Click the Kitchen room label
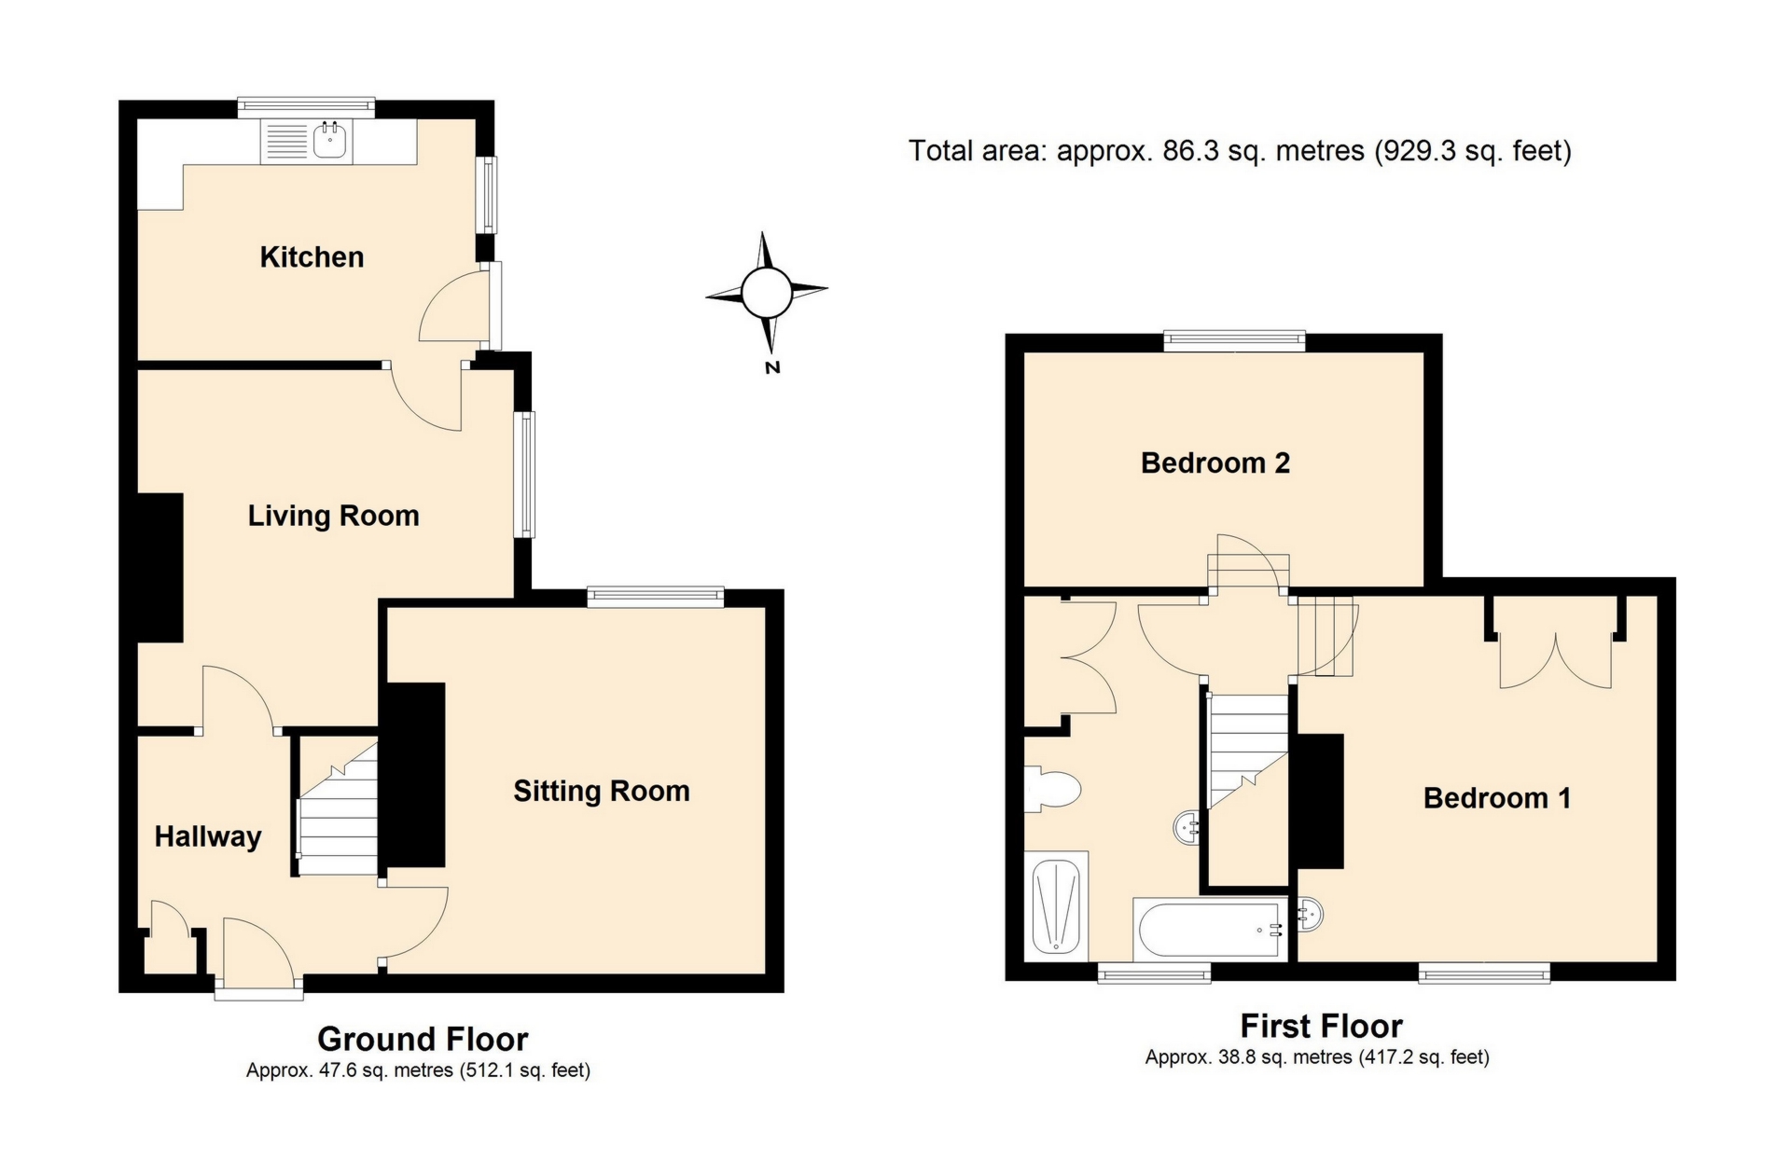(x=312, y=257)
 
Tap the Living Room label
(x=333, y=516)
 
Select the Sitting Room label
(x=602, y=792)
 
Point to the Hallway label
(x=208, y=836)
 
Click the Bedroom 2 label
(x=1215, y=463)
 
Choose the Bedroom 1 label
(x=1496, y=798)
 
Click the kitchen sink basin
(x=330, y=142)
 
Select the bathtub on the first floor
(x=1209, y=930)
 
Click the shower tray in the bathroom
(x=1057, y=905)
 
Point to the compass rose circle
(x=767, y=292)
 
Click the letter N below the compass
(x=772, y=368)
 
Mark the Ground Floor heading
(x=423, y=1039)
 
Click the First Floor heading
(x=1321, y=1026)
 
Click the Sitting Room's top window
(x=656, y=596)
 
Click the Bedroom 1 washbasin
(x=1311, y=914)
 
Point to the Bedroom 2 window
(x=1234, y=341)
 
